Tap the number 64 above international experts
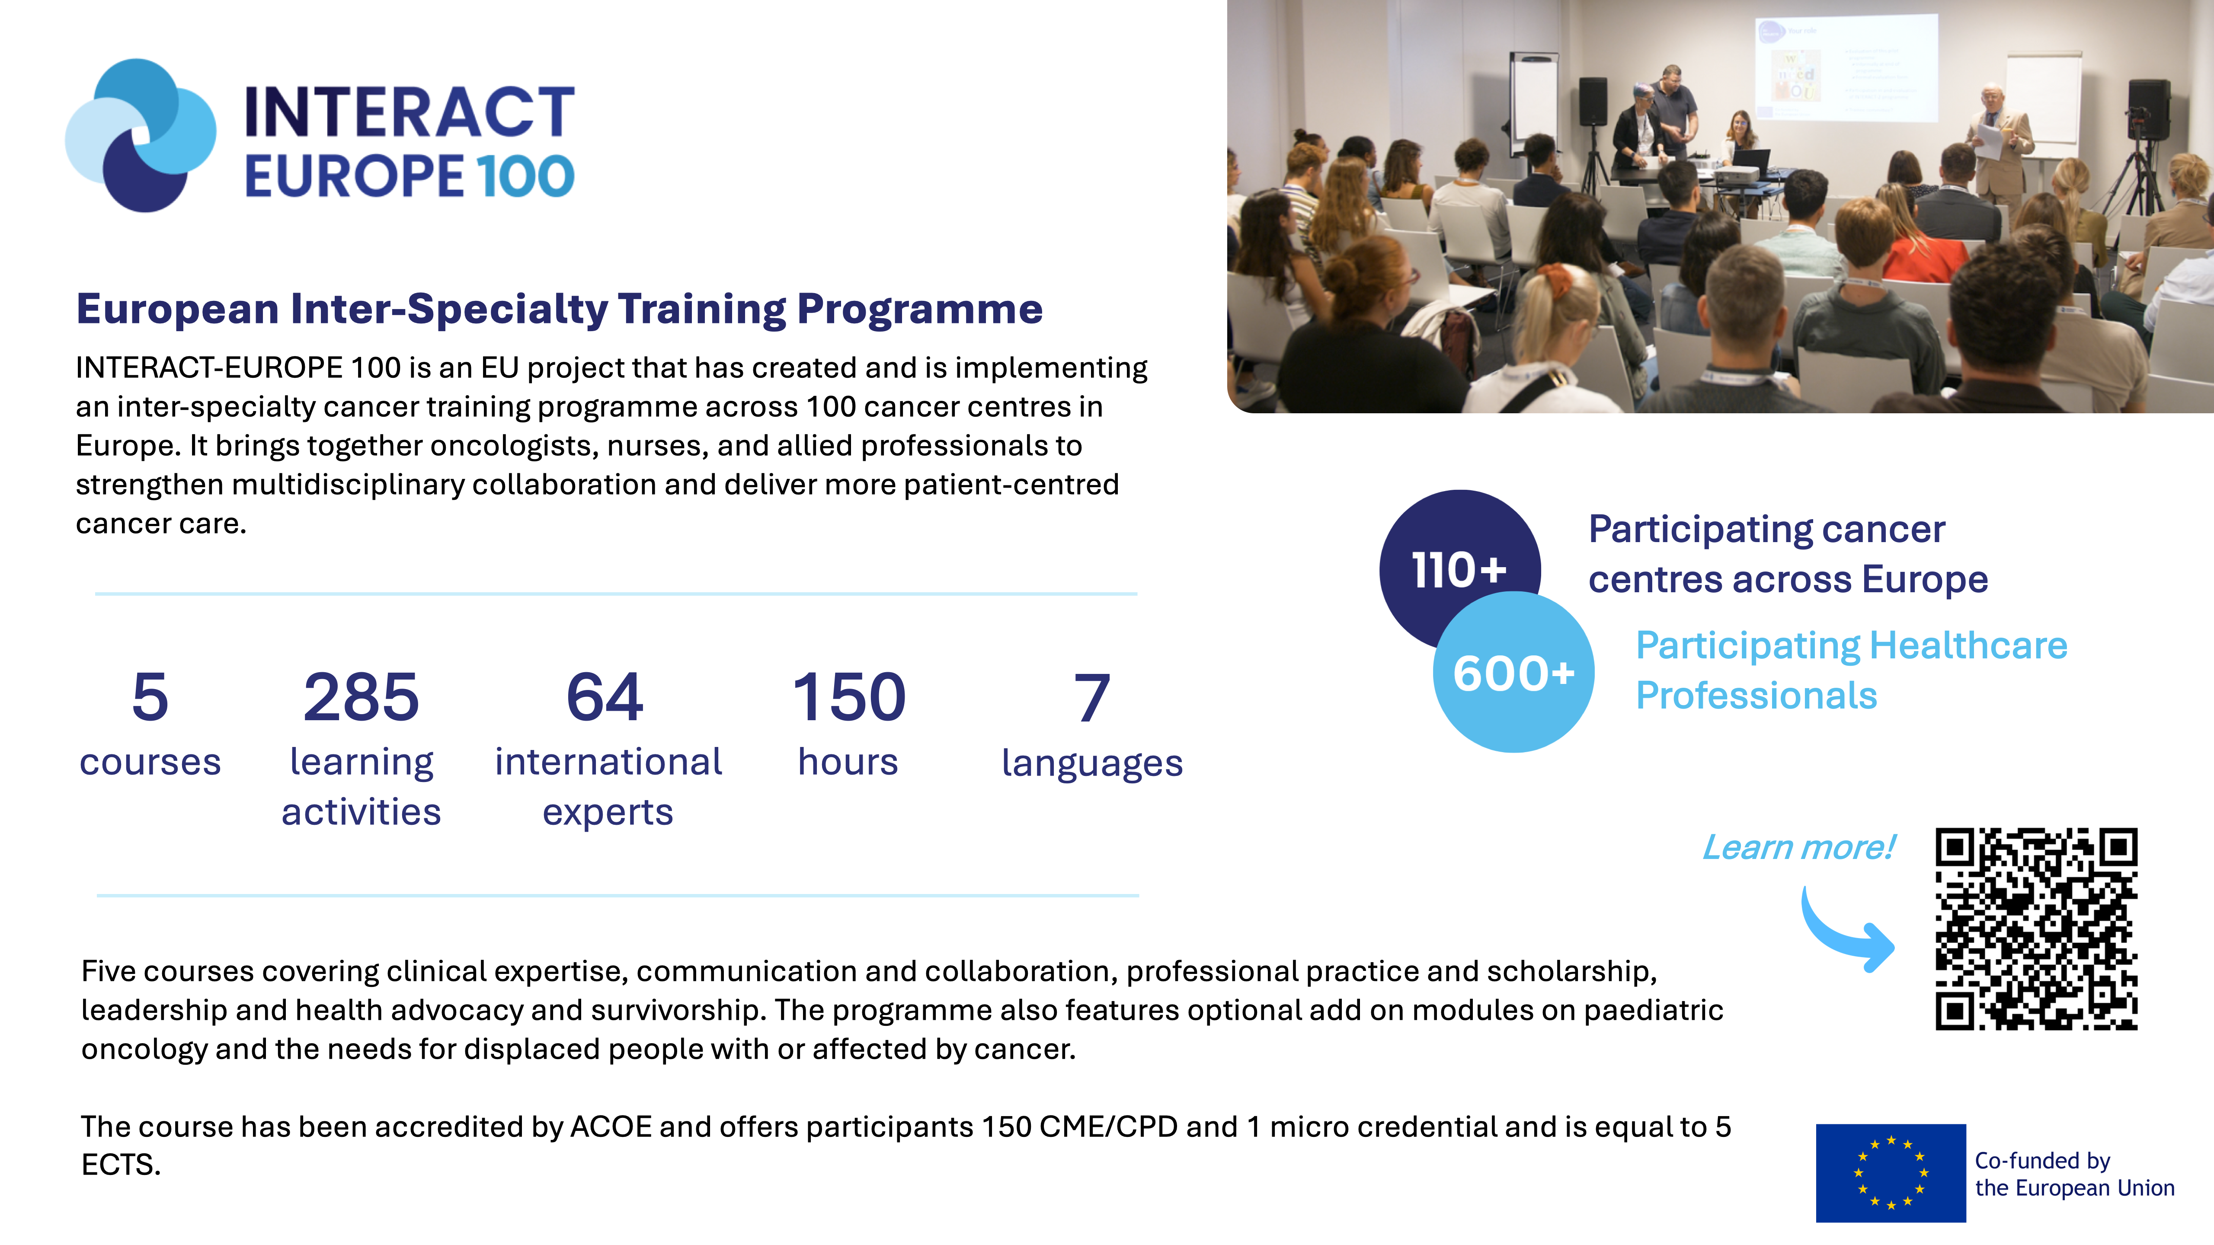coord(605,697)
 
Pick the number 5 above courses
coord(150,697)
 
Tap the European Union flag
coord(1891,1173)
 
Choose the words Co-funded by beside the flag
coord(2042,1161)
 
